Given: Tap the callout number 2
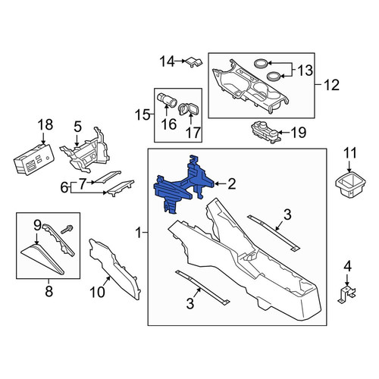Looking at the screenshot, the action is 231,184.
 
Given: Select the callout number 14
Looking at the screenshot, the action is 167,61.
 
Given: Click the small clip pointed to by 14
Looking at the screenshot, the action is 194,62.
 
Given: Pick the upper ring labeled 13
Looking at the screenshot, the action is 260,63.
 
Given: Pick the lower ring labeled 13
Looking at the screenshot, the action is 274,76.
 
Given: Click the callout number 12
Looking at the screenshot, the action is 331,85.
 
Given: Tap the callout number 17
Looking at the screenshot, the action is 193,133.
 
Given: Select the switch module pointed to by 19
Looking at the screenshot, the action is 266,132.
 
